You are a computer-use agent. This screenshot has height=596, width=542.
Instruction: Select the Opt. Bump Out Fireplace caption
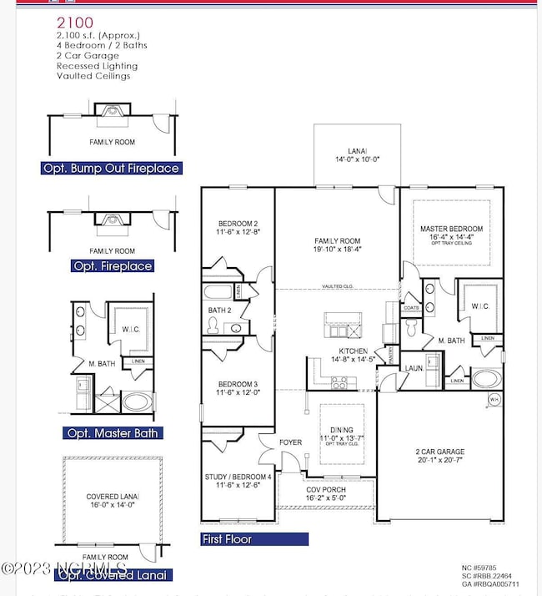(x=111, y=168)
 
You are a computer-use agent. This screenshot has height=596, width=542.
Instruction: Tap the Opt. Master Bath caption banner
(x=112, y=433)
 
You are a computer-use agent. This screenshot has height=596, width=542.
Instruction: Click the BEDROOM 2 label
(x=238, y=224)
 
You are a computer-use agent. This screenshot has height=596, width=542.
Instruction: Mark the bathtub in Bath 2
(x=219, y=294)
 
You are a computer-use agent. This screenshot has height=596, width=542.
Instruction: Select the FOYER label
(x=290, y=443)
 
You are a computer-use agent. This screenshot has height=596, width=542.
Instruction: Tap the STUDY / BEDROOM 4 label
(x=238, y=477)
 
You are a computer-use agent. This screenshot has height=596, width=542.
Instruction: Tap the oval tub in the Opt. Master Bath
(x=138, y=402)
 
